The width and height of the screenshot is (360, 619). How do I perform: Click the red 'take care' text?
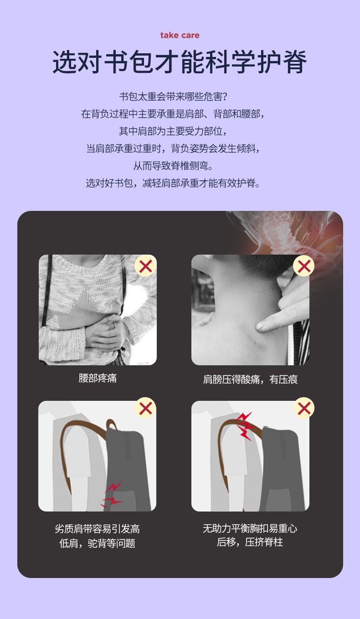tap(180, 36)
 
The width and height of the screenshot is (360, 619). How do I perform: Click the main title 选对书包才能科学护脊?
tap(180, 62)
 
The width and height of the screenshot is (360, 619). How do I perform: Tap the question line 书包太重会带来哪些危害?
tap(173, 97)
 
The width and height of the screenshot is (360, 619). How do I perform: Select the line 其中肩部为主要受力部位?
tap(173, 131)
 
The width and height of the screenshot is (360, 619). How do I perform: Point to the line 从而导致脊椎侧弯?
tap(173, 166)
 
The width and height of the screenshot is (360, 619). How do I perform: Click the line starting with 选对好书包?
tap(173, 183)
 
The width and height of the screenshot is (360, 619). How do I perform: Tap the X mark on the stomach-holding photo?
tap(145, 266)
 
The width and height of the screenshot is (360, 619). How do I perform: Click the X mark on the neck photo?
tap(304, 266)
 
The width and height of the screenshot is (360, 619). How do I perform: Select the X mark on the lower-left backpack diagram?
tap(145, 408)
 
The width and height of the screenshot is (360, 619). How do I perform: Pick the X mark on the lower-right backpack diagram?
tap(304, 408)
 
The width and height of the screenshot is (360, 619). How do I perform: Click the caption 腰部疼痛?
tap(98, 378)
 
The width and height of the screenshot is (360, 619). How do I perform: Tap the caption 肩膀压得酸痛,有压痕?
tap(250, 379)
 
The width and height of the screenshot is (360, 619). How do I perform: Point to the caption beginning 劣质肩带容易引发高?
tap(98, 536)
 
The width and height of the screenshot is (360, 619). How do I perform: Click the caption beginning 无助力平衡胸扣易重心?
tap(250, 535)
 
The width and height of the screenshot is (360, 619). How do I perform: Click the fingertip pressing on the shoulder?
tap(261, 326)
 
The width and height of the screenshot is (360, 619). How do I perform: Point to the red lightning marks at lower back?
tap(112, 496)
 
